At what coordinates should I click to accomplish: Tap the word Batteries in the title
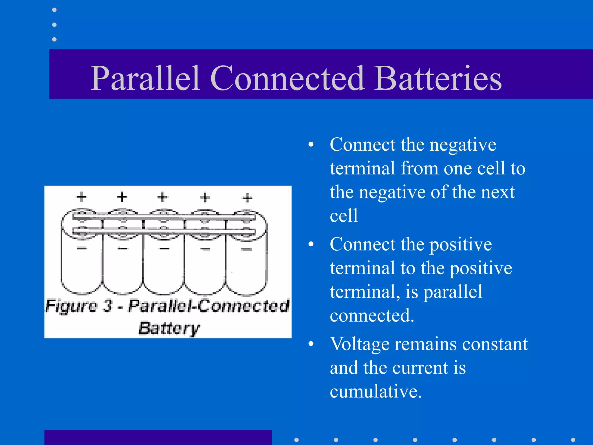pos(438,78)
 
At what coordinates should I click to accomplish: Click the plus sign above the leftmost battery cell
pos(82,197)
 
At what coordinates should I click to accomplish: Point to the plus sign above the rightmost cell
pos(247,198)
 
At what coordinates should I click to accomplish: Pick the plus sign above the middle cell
pos(163,197)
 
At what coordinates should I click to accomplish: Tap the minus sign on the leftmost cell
pos(82,248)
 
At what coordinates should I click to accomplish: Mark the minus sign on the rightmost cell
pos(246,249)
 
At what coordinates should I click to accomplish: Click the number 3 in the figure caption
pos(108,306)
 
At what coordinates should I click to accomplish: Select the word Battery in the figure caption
pos(169,328)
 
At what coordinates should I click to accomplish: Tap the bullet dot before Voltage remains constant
pos(311,344)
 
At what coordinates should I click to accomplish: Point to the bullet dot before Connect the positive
pos(311,244)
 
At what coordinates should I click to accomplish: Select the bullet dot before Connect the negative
pos(311,144)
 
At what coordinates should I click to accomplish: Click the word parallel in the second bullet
pos(453,292)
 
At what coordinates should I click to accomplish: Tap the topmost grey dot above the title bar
pos(54,10)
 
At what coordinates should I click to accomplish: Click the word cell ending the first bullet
pos(344,216)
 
